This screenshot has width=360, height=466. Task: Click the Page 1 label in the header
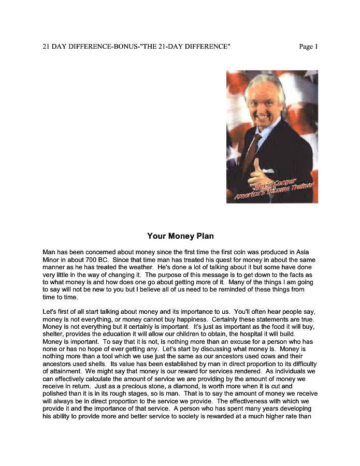tap(308, 47)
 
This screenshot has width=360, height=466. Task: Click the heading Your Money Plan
tap(180, 236)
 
